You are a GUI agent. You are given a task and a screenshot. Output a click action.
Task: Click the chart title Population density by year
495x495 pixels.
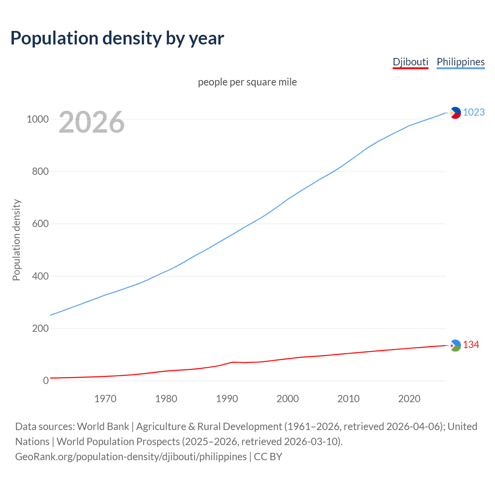point(117,38)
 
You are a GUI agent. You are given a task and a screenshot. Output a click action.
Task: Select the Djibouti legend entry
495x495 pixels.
point(410,62)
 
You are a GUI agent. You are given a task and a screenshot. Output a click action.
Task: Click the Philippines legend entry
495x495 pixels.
point(461,62)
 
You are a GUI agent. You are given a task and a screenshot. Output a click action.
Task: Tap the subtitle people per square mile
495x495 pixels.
point(247,82)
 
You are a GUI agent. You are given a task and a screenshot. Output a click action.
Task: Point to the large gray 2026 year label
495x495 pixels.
point(92,122)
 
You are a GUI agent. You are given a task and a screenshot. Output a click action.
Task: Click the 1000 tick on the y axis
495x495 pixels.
point(38,119)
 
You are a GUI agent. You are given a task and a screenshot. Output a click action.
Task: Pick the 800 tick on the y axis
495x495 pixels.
point(40,171)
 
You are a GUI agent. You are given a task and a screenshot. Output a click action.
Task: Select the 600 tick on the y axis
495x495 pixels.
point(40,224)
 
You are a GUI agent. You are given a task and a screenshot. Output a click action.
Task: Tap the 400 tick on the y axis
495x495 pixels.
point(40,276)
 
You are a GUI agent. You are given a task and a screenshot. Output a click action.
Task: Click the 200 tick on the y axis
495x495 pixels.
point(40,329)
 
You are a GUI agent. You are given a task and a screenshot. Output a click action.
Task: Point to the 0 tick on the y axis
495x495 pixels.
point(46,381)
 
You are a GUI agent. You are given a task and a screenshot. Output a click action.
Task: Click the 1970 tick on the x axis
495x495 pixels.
point(105,399)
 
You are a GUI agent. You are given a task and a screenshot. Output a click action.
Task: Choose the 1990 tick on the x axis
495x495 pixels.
point(227,399)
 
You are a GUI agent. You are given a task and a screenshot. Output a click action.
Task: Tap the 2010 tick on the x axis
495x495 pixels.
point(348,399)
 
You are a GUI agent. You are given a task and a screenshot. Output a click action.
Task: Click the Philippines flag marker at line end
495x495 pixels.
point(456,113)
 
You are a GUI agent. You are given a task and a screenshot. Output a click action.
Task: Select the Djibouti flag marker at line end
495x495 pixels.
point(456,345)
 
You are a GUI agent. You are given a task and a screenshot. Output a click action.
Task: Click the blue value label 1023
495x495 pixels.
point(474,112)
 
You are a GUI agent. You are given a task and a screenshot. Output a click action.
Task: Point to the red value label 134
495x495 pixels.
point(471,345)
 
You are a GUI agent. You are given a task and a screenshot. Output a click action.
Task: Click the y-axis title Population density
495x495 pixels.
point(16,240)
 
